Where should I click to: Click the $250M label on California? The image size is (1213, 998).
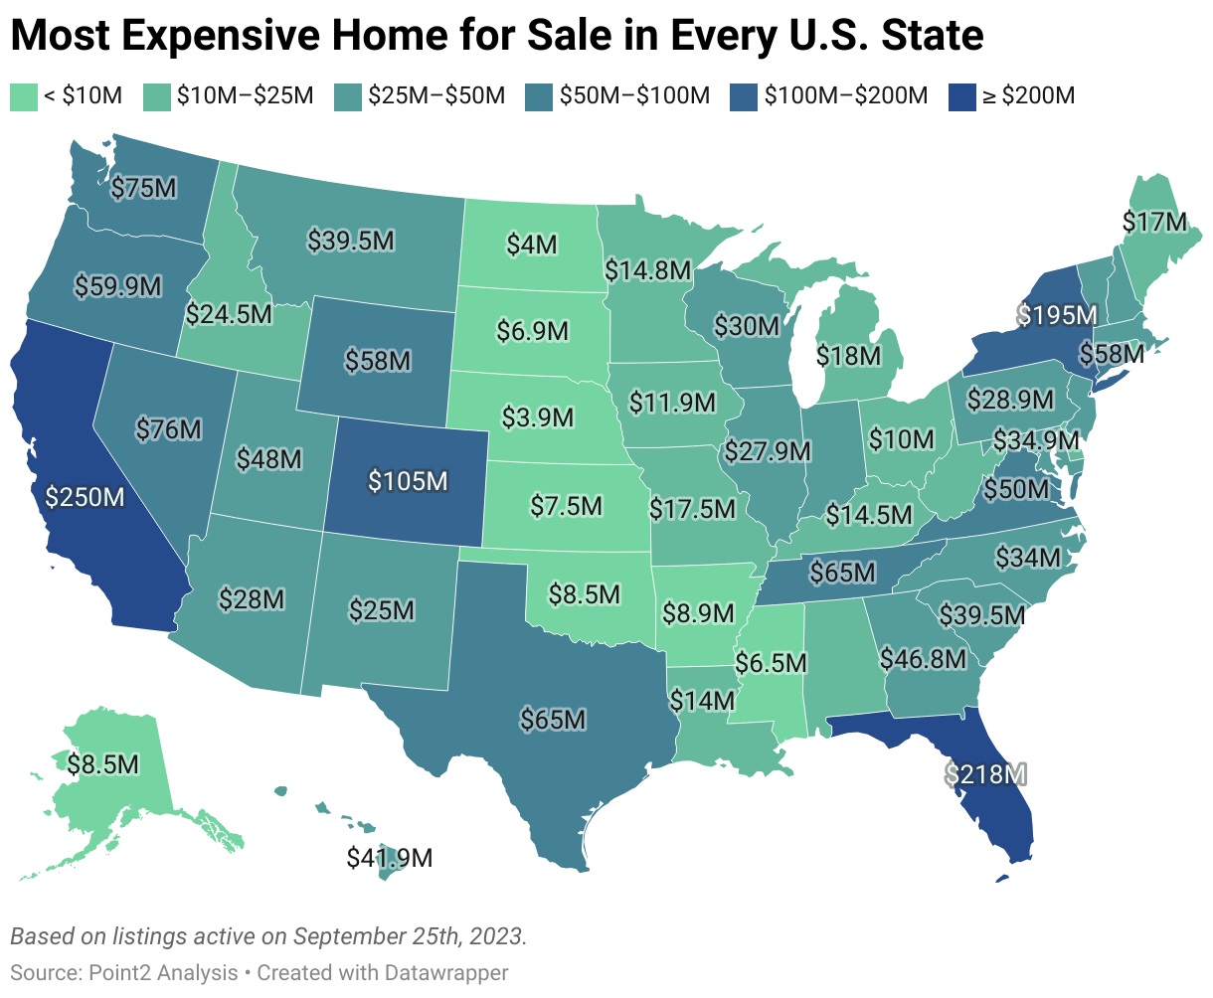(x=85, y=496)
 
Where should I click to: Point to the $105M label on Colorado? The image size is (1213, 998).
(x=408, y=481)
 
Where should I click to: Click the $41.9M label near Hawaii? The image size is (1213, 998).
(x=390, y=857)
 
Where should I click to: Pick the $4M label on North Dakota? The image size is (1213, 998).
(x=532, y=245)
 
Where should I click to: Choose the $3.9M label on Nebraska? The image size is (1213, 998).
(x=537, y=417)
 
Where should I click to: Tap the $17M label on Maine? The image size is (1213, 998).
(x=1154, y=222)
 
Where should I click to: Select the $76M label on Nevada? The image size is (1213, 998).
(x=168, y=429)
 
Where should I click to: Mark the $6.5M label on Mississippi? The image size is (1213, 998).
(x=772, y=662)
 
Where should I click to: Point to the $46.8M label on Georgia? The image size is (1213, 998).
(x=923, y=658)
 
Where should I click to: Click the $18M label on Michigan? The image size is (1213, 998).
(x=848, y=355)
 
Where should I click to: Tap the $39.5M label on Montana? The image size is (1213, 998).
(x=350, y=241)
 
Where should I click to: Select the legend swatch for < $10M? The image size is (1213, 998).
(x=22, y=96)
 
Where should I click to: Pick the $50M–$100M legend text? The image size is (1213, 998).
(x=634, y=96)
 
